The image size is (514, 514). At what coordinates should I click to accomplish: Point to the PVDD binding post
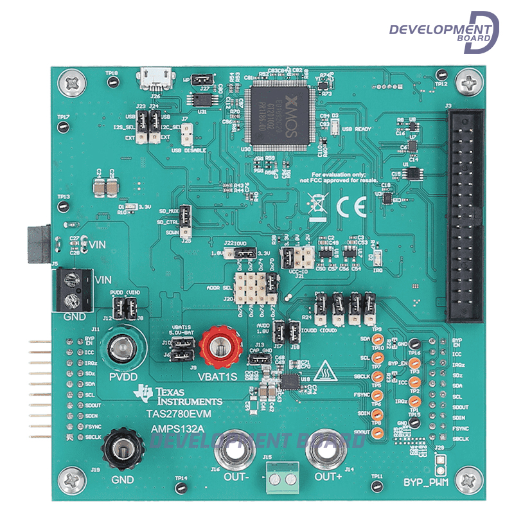tap(121, 350)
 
